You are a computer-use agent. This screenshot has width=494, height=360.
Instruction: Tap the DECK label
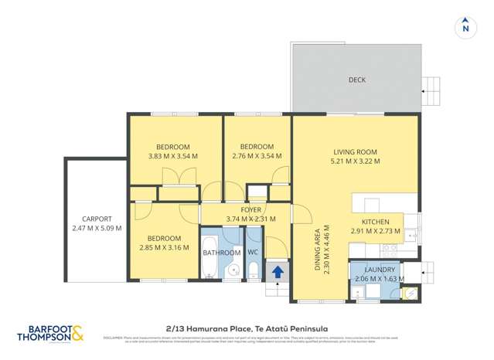[x=356, y=80]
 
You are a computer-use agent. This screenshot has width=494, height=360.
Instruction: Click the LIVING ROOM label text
[x=355, y=151]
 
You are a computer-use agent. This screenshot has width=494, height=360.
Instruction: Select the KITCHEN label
[x=376, y=222]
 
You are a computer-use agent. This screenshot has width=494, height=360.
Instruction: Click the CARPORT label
[x=97, y=219]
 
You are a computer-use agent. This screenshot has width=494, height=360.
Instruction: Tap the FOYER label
[x=250, y=209]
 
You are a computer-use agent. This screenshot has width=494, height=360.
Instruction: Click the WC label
[x=253, y=253]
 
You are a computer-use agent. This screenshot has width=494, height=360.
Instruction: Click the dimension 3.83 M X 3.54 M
[x=173, y=156]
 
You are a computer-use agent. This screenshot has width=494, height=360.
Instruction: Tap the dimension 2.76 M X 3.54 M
[x=257, y=156]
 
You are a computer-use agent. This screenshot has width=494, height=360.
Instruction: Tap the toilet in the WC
[x=253, y=270]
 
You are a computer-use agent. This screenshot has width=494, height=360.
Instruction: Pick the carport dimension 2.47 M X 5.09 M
[x=97, y=228]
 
